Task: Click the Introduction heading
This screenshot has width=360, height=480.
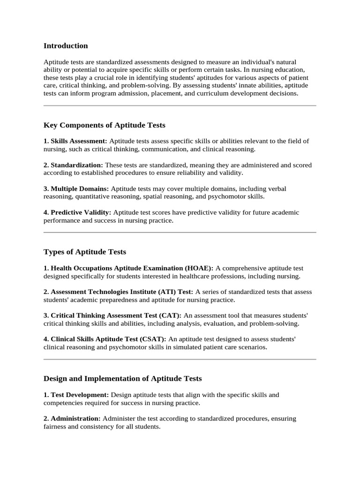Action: [x=66, y=46]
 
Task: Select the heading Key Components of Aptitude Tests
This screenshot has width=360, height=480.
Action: [x=105, y=125]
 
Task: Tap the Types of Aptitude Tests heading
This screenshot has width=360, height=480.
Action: [x=85, y=252]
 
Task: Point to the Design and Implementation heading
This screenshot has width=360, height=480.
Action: [x=123, y=378]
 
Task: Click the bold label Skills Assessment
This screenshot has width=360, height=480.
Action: [x=78, y=141]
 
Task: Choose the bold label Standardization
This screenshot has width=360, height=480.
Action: [x=76, y=165]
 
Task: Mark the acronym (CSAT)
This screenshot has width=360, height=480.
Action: [x=154, y=339]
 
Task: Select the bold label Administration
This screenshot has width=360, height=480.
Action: [x=75, y=419]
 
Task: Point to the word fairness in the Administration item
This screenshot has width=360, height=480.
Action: [x=56, y=427]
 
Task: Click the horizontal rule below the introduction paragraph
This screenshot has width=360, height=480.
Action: [x=180, y=106]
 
